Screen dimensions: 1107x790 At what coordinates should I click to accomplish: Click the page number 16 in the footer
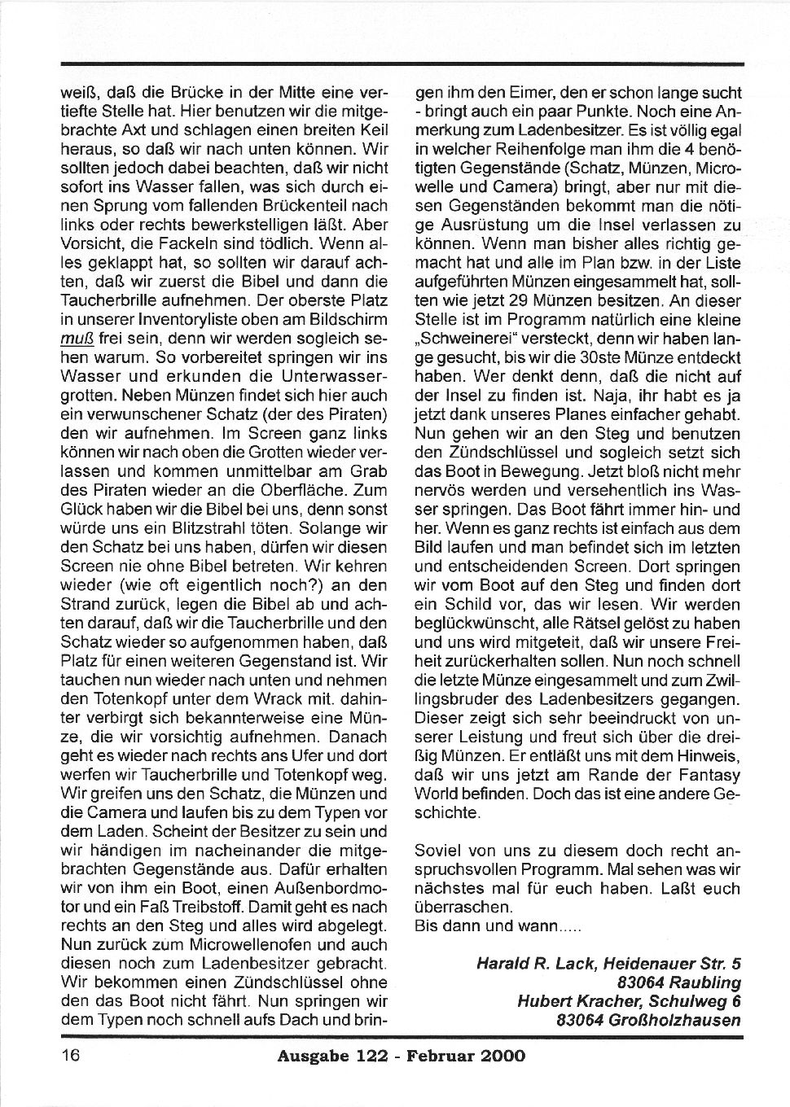tap(69, 1057)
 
